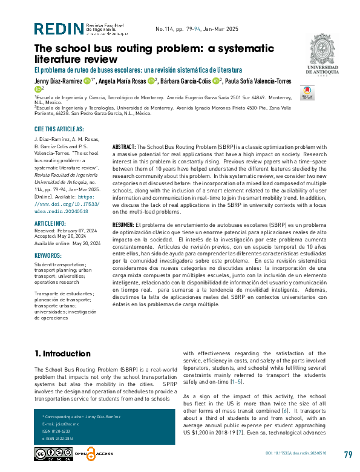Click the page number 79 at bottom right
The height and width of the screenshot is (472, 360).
tap(347, 454)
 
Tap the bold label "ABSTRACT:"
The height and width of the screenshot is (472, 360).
tap(125, 147)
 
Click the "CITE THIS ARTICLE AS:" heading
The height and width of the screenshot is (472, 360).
tap(59, 129)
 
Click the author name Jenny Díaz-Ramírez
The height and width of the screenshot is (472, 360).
tap(57, 80)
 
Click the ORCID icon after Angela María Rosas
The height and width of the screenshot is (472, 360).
tap(150, 80)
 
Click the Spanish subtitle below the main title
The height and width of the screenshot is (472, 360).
tap(138, 70)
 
